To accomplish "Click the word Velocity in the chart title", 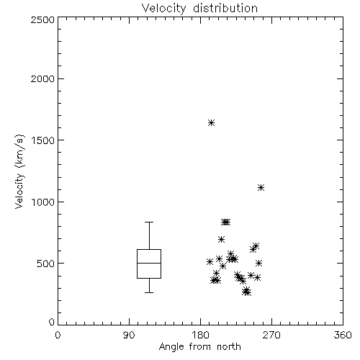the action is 163,9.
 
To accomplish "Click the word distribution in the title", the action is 225,8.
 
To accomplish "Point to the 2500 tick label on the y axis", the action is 42,19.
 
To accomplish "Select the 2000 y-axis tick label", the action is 42,79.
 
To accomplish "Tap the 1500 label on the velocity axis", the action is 43,140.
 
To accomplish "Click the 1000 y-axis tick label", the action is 43,202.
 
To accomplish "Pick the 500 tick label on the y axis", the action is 46,264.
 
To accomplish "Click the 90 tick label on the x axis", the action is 129,335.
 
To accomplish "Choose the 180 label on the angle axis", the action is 200,335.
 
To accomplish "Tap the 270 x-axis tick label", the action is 271,335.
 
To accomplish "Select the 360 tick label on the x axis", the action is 343,335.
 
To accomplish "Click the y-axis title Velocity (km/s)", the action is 19,171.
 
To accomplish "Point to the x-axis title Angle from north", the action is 200,347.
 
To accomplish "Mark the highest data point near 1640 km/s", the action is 211,123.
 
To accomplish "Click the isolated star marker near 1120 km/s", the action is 261,188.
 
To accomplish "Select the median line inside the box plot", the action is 149,264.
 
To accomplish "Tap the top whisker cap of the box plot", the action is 149,222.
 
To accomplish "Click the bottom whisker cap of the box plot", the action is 149,292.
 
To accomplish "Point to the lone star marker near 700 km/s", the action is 221,239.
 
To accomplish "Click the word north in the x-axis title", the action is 229,347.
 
